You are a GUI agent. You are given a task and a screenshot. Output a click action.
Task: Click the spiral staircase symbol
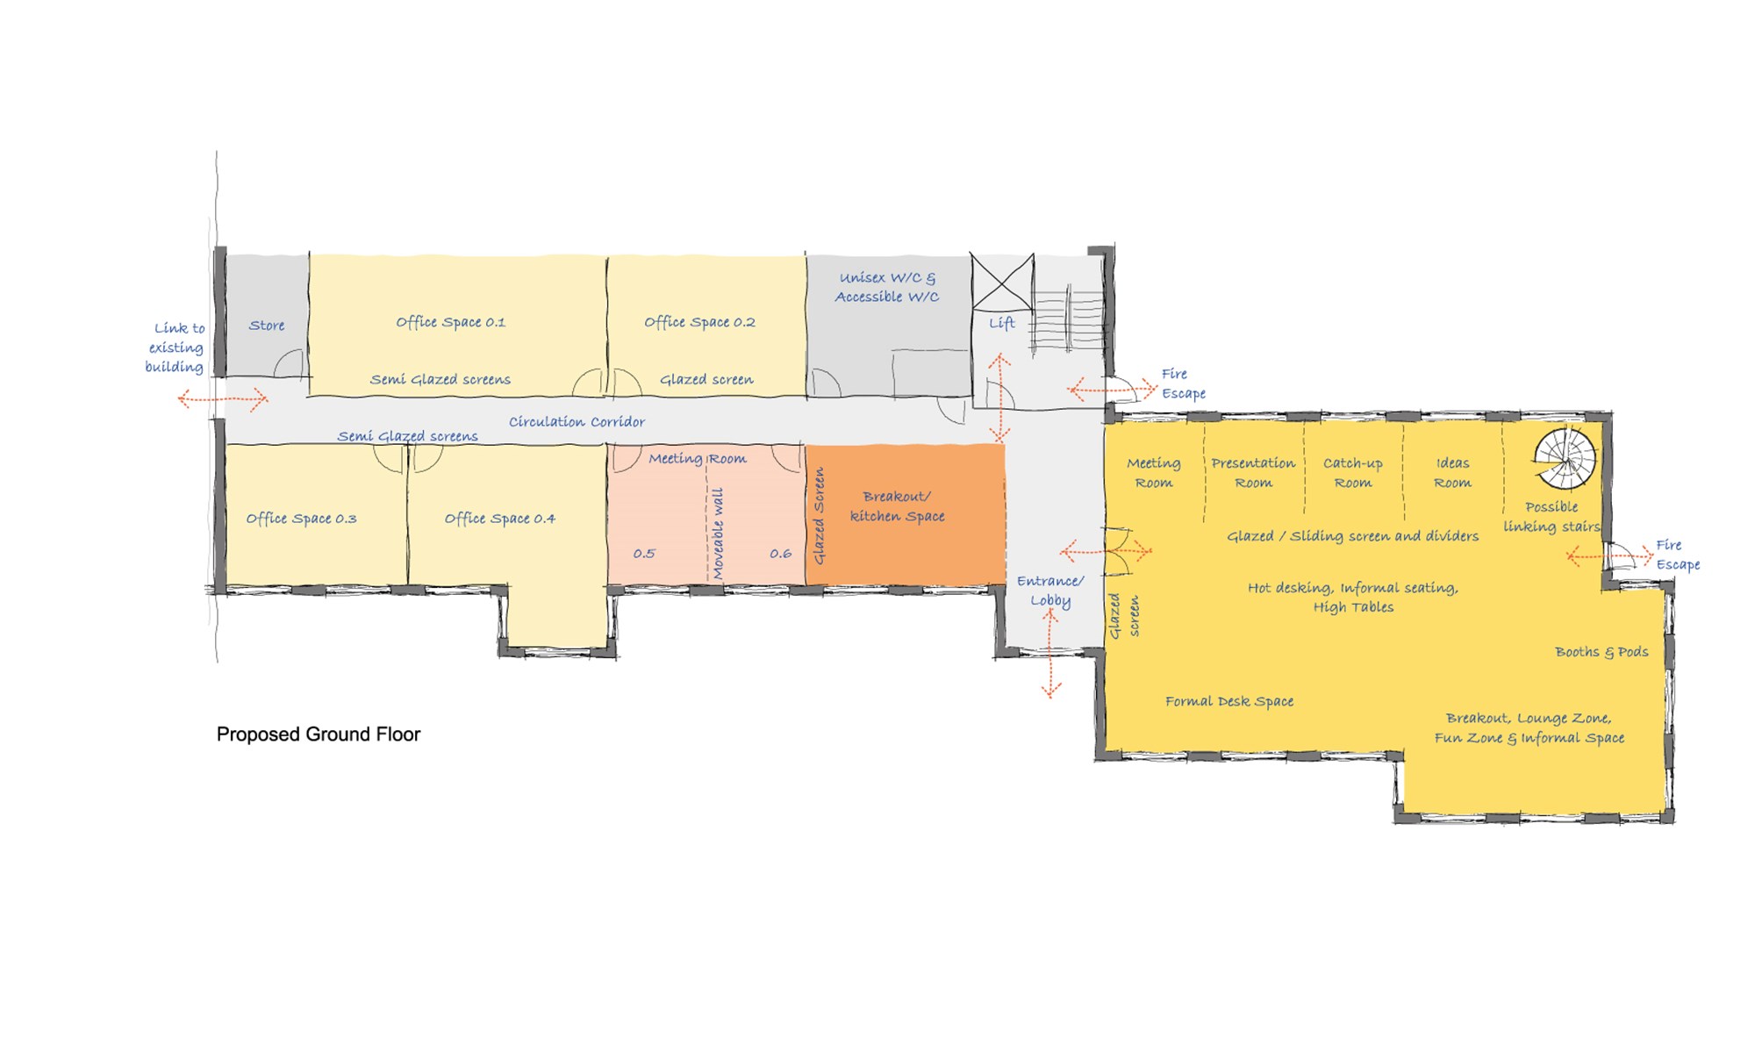tap(1565, 458)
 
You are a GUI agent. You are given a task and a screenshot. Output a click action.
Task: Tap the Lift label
tap(1001, 323)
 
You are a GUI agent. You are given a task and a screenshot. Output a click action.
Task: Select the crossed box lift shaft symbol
tap(1002, 282)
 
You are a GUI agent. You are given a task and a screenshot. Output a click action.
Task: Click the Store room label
tap(267, 326)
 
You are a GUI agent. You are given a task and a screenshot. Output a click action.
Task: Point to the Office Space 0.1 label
tap(450, 322)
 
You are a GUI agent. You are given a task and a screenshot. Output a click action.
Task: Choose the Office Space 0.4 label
tap(499, 519)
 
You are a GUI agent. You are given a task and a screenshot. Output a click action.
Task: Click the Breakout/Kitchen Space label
tap(897, 506)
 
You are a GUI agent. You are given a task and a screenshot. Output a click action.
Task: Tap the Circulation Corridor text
tap(577, 422)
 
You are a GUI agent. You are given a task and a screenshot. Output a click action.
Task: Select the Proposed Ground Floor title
tap(319, 734)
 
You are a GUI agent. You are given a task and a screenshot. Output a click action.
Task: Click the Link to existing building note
tap(175, 347)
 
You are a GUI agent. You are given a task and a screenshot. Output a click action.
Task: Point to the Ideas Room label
tap(1452, 473)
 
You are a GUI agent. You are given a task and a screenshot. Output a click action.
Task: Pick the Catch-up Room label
tap(1352, 473)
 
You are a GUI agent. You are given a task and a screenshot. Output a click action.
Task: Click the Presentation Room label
tap(1253, 473)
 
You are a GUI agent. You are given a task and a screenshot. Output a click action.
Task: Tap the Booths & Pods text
tap(1601, 652)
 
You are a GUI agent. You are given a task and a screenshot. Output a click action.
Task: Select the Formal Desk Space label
tap(1229, 701)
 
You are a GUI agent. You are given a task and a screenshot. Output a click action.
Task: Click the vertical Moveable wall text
tap(718, 534)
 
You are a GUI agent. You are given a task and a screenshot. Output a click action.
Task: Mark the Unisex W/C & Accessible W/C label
tap(887, 288)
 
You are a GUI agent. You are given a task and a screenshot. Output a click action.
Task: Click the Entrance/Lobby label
tap(1050, 591)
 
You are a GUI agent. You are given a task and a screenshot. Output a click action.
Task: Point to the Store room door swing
tap(290, 363)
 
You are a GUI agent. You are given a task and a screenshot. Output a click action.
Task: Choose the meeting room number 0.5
tap(644, 554)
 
